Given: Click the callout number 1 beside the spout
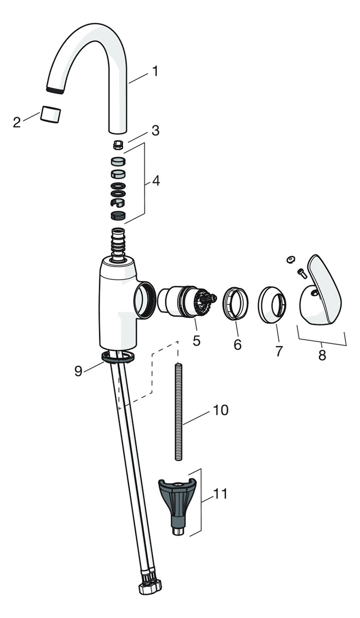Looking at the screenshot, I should click(155, 71).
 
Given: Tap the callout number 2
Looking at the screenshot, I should click(17, 122).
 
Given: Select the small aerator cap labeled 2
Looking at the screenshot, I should click(50, 113).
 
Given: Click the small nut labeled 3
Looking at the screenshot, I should click(118, 145).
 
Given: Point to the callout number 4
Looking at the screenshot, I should click(156, 181).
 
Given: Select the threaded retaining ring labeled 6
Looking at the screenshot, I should click(236, 304).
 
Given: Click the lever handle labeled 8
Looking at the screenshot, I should click(322, 292).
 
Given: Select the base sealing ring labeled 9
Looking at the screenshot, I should click(117, 357).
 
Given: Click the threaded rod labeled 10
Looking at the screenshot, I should click(179, 411).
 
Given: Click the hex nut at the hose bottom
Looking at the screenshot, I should click(150, 586).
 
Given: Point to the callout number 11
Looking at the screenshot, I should click(220, 494).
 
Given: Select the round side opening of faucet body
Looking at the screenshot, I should click(144, 299).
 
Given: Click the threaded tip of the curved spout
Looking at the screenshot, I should click(55, 90).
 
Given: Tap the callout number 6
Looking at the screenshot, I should click(238, 345).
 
